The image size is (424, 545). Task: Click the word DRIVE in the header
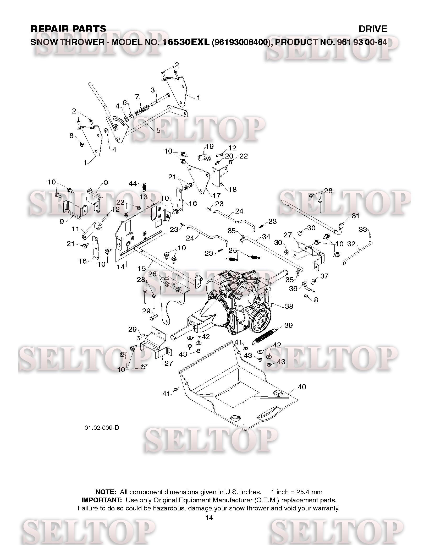[x=373, y=29]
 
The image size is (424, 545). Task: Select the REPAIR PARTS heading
[x=68, y=29]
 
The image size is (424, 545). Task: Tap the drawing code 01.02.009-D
[x=102, y=428]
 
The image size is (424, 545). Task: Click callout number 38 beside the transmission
[x=289, y=306]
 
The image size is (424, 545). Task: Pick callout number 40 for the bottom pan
[x=302, y=387]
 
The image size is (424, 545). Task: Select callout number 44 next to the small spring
[x=133, y=183]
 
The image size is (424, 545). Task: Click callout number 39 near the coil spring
[x=288, y=325]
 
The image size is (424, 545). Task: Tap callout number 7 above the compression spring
[x=137, y=97]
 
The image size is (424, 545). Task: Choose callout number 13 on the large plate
[x=144, y=197]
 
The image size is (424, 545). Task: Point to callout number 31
[x=355, y=216]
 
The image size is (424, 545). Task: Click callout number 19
[x=210, y=146]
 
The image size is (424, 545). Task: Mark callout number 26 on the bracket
[x=152, y=274]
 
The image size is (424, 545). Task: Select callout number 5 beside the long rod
[x=158, y=130]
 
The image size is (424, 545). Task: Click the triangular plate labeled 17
[x=199, y=178]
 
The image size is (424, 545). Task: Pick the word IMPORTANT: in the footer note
[x=102, y=500]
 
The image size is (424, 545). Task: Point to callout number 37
[x=324, y=276]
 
